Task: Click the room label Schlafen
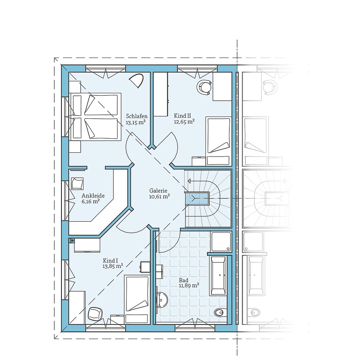pyautogui.click(x=136, y=116)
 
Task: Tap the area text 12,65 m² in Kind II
pyautogui.click(x=184, y=122)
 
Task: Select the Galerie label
pyautogui.click(x=159, y=191)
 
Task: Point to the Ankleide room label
pyautogui.click(x=93, y=195)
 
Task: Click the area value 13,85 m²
pyautogui.click(x=113, y=266)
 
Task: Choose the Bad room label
pyautogui.click(x=184, y=280)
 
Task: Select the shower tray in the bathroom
pyautogui.click(x=221, y=242)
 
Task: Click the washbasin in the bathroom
pyautogui.click(x=162, y=299)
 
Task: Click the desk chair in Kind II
pyautogui.click(x=204, y=87)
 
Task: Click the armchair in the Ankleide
pyautogui.click(x=77, y=183)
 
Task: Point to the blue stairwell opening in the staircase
pyautogui.click(x=197, y=198)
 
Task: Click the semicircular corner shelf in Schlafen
pyautogui.click(x=136, y=81)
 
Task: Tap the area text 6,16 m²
pyautogui.click(x=90, y=202)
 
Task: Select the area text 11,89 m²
pyautogui.click(x=189, y=285)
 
